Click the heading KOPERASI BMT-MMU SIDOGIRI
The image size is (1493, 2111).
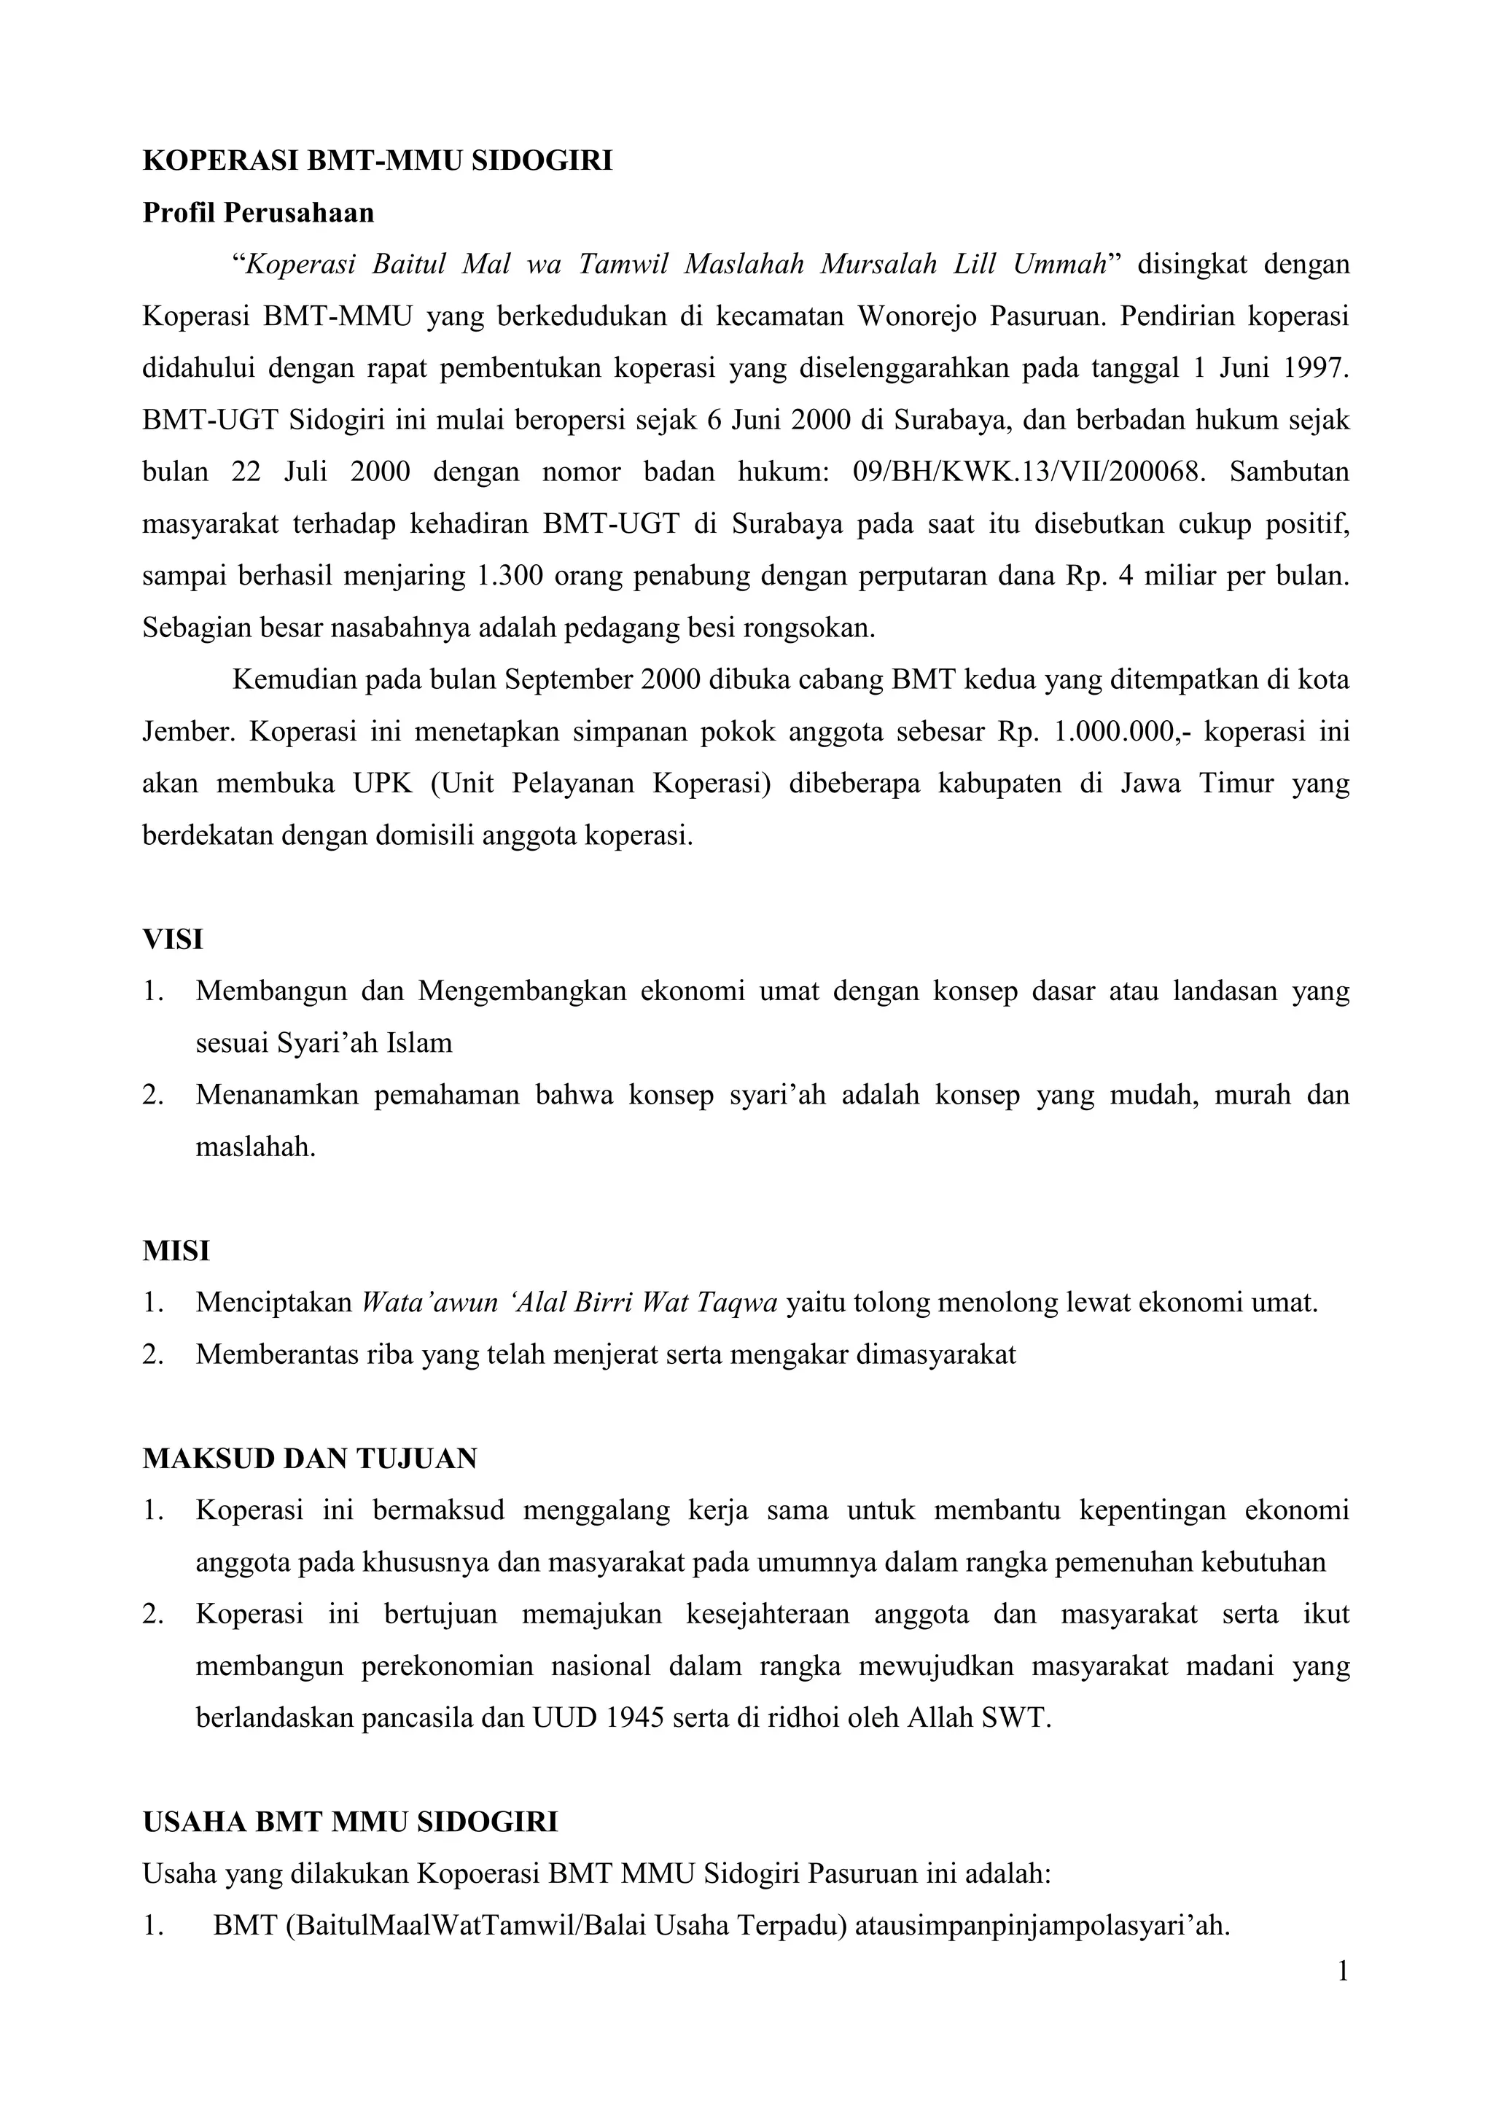pos(377,161)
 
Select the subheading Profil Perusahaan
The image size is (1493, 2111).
pos(258,214)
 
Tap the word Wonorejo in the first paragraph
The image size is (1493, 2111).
pos(915,316)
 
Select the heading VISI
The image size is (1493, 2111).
pos(173,940)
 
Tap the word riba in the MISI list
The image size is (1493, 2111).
pos(390,1355)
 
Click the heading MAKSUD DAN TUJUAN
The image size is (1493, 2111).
pos(310,1459)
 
